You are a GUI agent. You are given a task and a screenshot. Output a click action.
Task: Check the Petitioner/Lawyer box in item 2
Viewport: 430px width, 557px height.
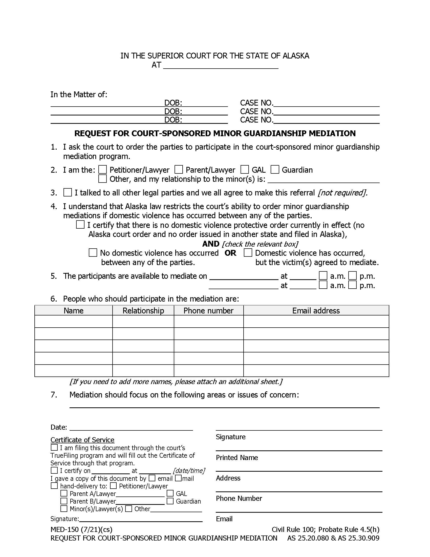(102, 170)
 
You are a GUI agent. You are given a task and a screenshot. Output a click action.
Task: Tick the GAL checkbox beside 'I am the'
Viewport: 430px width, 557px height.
(245, 170)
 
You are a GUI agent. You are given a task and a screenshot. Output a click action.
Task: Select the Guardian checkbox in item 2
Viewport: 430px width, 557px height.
(275, 170)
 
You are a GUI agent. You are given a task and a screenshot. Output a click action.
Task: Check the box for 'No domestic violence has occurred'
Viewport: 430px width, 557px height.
(93, 253)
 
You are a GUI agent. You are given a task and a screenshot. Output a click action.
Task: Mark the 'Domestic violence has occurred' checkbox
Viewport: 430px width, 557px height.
(248, 253)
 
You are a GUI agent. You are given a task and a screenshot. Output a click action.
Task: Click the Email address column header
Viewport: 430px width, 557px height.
(316, 310)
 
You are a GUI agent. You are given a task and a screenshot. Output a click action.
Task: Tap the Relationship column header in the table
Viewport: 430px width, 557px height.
(143, 310)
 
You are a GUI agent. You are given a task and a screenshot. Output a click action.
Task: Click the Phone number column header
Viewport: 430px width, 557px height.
(208, 310)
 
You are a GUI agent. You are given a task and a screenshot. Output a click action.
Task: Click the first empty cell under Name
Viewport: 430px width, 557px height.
(73, 321)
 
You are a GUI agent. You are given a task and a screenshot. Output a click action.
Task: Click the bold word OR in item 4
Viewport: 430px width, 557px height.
(230, 253)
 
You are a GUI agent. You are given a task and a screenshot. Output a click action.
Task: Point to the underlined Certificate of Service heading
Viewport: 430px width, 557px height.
(82, 440)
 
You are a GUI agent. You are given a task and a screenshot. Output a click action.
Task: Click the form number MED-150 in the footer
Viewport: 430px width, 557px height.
(65, 530)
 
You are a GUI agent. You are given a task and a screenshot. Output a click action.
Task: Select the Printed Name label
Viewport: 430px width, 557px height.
(237, 457)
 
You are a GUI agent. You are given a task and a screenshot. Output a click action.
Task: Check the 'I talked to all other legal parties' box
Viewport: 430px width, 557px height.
(68, 192)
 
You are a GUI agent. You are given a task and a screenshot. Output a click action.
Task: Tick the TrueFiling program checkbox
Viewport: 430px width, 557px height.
(54, 448)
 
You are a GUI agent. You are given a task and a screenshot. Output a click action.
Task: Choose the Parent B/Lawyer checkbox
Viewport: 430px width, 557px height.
(64, 501)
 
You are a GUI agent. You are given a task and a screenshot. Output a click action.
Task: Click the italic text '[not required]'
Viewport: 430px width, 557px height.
(342, 193)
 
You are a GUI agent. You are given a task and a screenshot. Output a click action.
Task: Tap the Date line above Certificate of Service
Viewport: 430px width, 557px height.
(131, 427)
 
